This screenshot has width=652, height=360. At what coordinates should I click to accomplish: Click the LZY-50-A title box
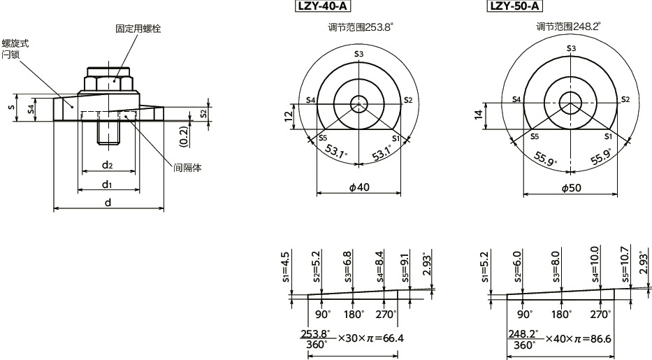(514, 7)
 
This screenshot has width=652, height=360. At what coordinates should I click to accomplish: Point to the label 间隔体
(187, 168)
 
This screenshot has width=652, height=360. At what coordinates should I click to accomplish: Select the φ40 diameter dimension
(358, 187)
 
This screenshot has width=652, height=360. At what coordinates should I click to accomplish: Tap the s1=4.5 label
(285, 265)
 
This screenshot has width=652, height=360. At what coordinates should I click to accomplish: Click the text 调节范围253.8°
(361, 27)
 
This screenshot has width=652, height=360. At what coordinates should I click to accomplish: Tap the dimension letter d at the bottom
(107, 202)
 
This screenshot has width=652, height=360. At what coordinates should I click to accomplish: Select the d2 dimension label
(107, 165)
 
